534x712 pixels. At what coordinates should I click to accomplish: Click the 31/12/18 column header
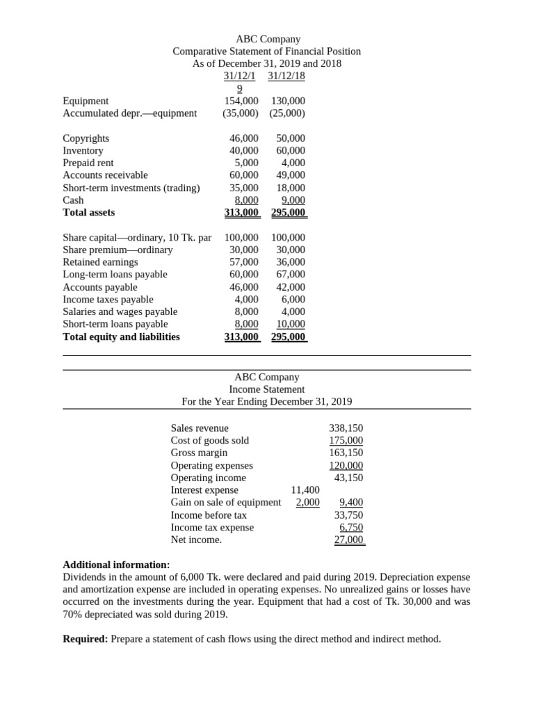pos(286,76)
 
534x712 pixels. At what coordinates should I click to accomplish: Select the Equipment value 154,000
pos(241,101)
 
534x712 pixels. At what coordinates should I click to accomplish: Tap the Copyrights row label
pos(86,138)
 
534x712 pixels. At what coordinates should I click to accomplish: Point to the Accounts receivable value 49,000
pos(290,175)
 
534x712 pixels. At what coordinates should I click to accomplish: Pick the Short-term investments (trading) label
pos(131,188)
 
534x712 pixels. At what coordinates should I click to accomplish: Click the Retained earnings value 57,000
pos(244,262)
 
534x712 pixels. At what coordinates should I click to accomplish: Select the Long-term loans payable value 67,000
pos(290,275)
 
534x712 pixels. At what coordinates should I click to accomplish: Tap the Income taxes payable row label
pos(108,300)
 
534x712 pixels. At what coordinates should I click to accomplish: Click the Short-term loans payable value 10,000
pos(290,324)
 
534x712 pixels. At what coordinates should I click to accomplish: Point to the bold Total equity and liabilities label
pos(121,337)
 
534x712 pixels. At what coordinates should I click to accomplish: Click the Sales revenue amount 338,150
pos(346,428)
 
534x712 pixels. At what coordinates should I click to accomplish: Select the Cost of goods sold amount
pos(346,441)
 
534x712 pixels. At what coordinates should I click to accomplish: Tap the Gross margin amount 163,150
pos(346,453)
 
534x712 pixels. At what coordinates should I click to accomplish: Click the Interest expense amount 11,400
pos(305,490)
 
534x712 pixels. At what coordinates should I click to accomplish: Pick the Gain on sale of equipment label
pos(226,503)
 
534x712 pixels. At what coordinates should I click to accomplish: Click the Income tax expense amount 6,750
pos(350,528)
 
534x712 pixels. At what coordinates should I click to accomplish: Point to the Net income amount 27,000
pos(348,540)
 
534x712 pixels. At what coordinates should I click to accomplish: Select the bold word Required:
pos(85,639)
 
